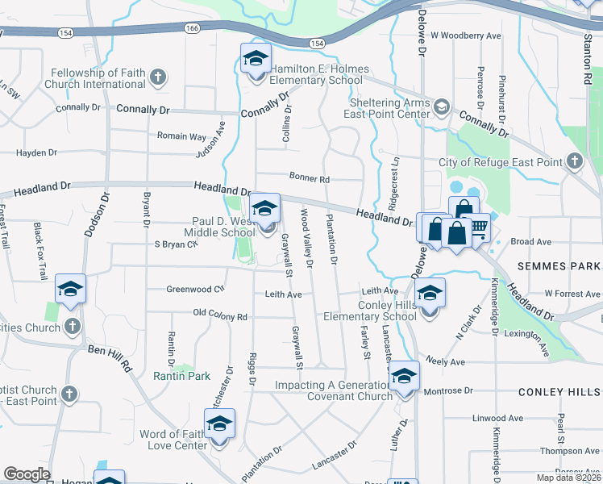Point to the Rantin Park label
181,376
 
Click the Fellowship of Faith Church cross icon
158,77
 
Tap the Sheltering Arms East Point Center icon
442,107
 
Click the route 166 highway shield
191,29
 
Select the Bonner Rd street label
310,178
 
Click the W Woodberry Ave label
465,36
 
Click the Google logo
27,475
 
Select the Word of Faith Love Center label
173,440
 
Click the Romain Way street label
181,136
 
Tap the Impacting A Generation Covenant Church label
333,390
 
